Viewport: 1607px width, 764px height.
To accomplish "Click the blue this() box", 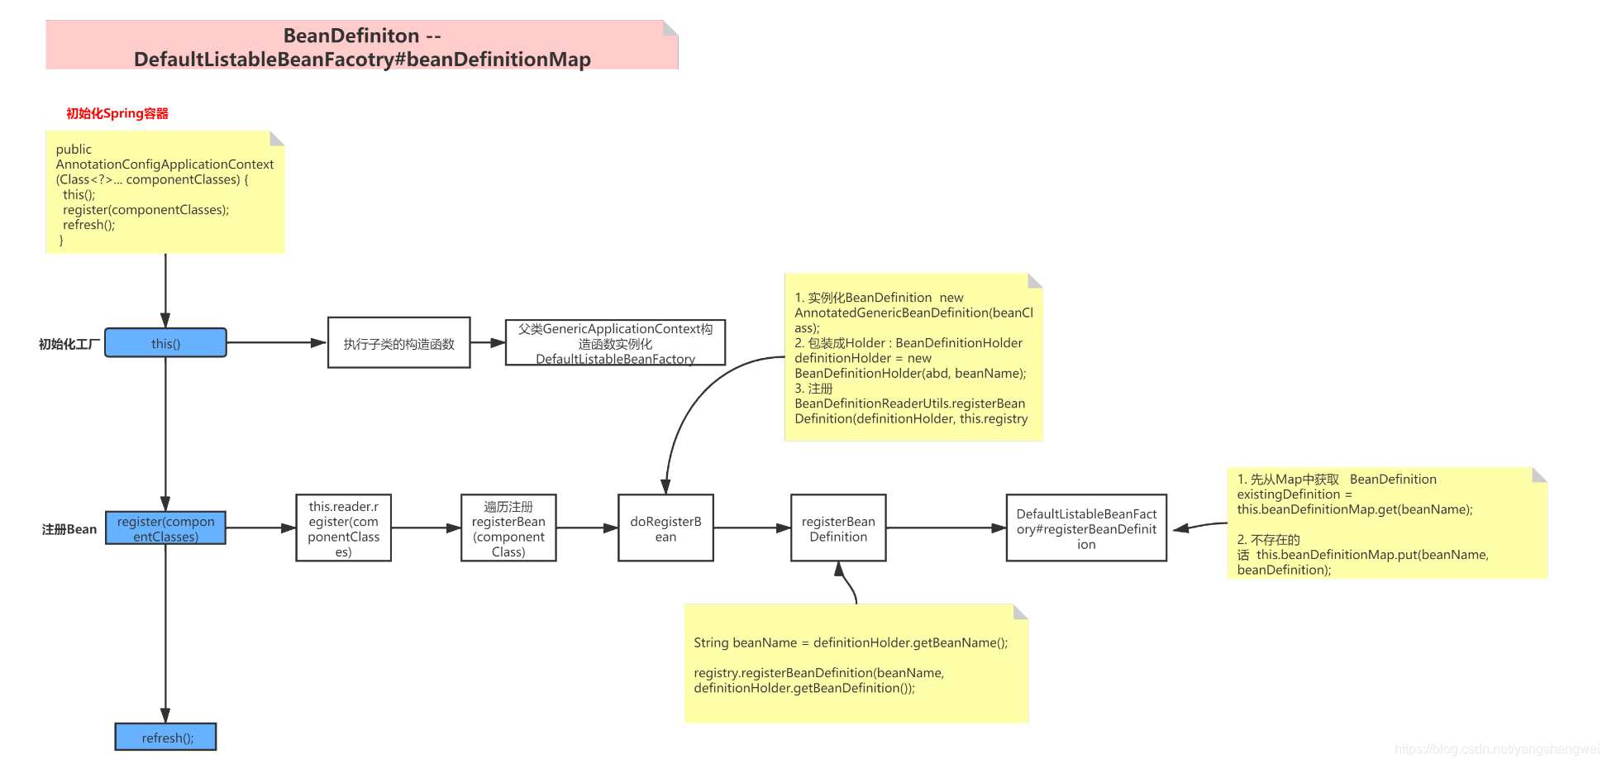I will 165,343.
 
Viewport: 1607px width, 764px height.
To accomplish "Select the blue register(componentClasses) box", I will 165,528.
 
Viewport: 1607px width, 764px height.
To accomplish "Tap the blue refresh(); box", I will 165,737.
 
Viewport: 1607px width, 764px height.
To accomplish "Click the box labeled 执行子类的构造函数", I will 398,343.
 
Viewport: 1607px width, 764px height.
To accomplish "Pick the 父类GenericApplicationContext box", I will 615,343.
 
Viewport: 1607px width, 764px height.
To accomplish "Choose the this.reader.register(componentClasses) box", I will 343,528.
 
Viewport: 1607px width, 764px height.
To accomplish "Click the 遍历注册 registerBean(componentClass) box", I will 508,528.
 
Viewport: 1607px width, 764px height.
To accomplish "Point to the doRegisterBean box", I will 665,528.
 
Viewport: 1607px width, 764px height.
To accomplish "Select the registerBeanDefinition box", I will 838,528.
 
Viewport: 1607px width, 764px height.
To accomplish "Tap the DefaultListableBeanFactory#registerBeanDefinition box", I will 1086,528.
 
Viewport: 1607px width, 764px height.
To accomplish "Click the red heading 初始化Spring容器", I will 117,113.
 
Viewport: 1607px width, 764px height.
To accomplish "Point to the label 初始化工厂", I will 69,344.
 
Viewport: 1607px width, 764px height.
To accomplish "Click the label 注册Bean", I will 69,529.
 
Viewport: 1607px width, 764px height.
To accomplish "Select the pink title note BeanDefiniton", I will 362,46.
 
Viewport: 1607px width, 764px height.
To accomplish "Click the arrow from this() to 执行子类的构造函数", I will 276,342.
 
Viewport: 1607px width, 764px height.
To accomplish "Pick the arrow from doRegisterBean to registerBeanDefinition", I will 751,528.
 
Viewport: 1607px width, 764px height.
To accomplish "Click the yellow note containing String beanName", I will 856,664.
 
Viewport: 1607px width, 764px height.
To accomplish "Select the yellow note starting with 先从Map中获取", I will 1386,523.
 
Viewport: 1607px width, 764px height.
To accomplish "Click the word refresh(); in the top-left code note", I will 88,225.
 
